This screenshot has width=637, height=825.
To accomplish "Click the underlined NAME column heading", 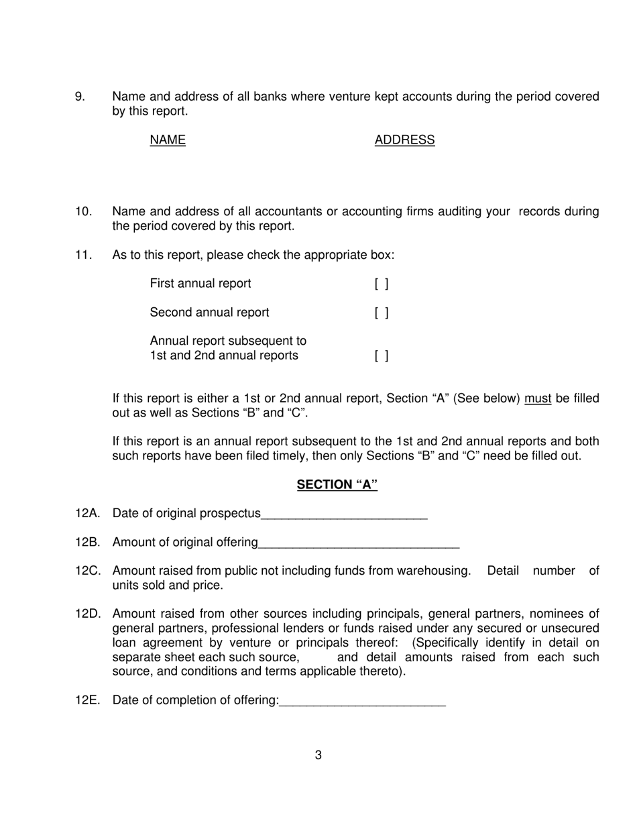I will click(168, 140).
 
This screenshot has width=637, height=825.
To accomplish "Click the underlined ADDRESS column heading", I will click(404, 140).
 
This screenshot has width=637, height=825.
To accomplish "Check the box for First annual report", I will click(381, 284).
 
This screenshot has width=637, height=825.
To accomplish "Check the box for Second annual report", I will click(381, 313).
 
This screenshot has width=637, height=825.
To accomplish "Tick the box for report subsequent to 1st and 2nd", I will click(381, 355).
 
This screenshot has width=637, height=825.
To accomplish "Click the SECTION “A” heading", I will click(337, 485).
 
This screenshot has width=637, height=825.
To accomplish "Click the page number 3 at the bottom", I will click(318, 755).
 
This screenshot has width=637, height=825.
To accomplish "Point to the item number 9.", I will click(80, 97).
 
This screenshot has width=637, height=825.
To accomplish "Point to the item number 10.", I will click(82, 212).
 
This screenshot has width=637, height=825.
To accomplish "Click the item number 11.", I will click(82, 256).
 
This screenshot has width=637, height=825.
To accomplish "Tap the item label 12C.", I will click(88, 571).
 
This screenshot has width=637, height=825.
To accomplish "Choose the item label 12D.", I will click(88, 614).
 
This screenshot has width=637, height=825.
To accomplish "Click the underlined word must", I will click(538, 399).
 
